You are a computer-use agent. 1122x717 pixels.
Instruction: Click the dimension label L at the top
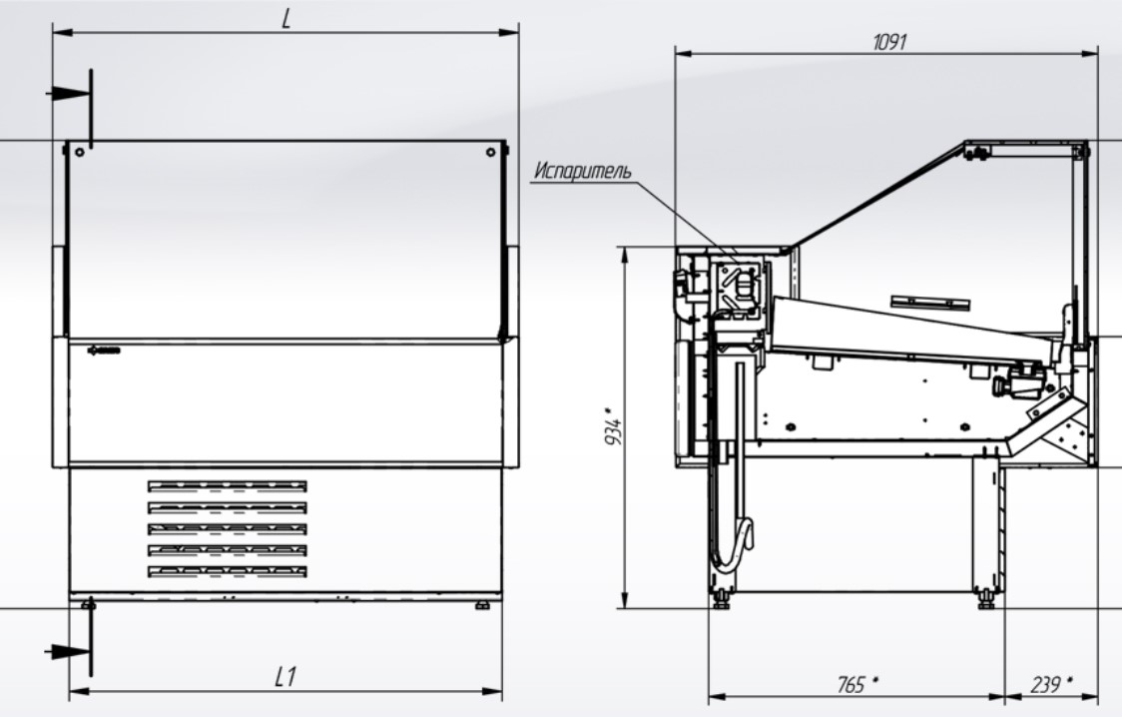tap(286, 19)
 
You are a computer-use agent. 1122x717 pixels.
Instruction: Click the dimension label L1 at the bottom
tap(285, 677)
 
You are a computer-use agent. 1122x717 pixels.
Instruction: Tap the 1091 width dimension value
tap(889, 42)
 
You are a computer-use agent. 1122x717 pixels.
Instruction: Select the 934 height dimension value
tap(613, 427)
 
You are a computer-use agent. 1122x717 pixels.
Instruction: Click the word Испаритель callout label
tap(583, 171)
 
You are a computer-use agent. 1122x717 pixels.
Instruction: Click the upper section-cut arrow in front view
tap(69, 94)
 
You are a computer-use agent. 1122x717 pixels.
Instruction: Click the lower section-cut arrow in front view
tap(69, 652)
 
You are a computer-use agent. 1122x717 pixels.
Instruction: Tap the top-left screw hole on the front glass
tap(80, 153)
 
